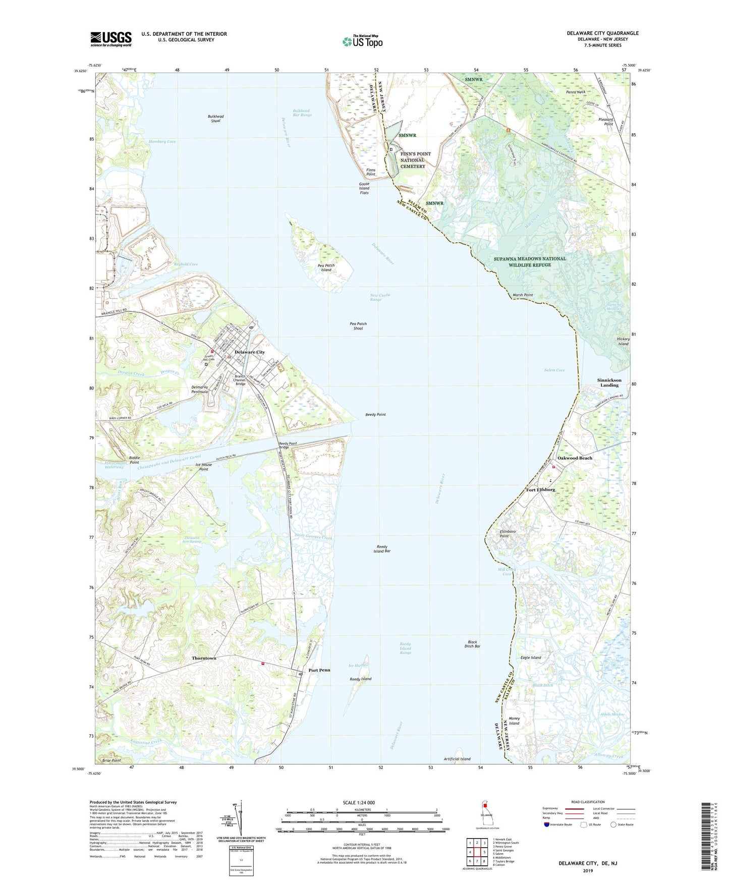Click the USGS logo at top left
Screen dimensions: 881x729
[110, 39]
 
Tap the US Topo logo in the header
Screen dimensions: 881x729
[362, 41]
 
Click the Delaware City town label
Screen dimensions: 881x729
[249, 352]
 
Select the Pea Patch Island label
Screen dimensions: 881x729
[326, 267]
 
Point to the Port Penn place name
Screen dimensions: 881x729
[319, 670]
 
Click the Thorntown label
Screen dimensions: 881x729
[204, 658]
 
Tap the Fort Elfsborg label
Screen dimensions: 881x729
[540, 489]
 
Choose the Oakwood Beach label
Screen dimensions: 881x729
[575, 458]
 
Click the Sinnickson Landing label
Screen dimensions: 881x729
[609, 382]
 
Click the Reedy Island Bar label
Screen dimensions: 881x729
[383, 549]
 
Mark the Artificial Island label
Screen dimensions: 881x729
[457, 759]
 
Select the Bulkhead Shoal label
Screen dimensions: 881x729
[215, 119]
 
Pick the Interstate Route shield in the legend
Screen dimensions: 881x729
[547, 824]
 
